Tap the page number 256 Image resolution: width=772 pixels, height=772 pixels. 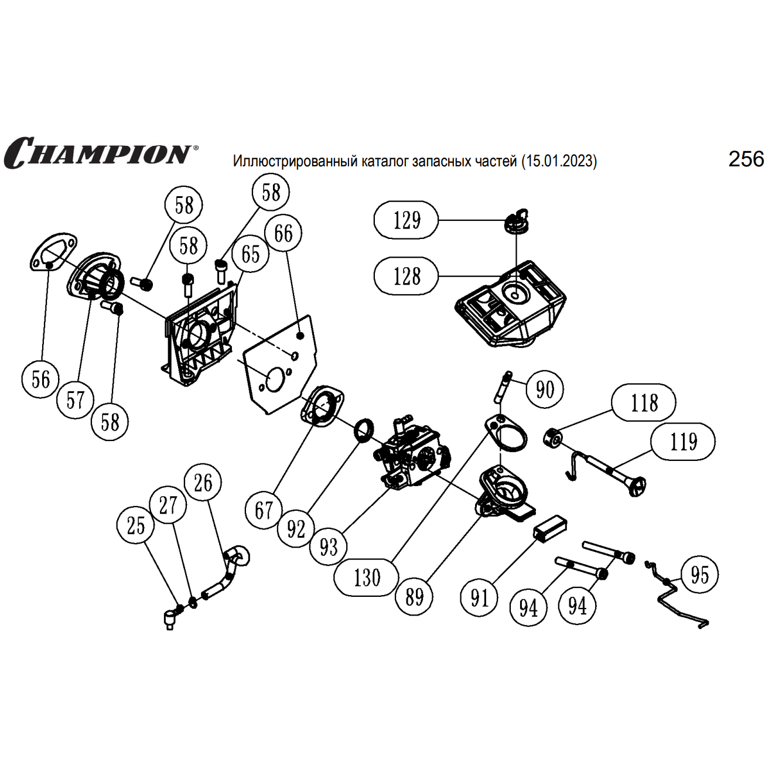746,159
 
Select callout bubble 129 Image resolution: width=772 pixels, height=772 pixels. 407,220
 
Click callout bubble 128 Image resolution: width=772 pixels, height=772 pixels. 407,276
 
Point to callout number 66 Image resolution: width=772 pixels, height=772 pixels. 283,233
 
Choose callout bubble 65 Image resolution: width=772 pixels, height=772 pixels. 251,254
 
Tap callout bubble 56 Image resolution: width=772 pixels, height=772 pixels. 41,379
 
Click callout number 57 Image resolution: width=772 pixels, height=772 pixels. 76,400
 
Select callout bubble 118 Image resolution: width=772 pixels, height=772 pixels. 644,403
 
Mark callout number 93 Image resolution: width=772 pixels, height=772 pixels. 329,546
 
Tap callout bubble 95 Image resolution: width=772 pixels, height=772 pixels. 699,575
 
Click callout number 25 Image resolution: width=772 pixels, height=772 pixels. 136,525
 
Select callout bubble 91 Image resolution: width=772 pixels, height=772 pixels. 480,597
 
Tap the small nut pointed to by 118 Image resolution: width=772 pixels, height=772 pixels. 552,438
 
